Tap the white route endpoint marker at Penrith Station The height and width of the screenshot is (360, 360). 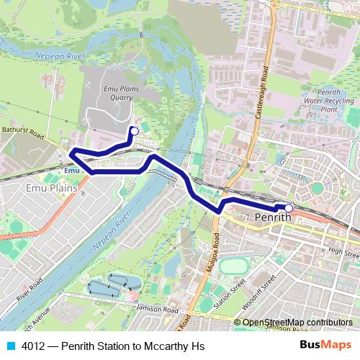point(289,209)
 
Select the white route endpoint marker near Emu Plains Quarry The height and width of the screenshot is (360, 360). point(133,130)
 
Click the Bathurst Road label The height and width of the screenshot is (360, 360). point(22,136)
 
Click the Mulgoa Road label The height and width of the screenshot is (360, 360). point(215,241)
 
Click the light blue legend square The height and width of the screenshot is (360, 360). point(9,346)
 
